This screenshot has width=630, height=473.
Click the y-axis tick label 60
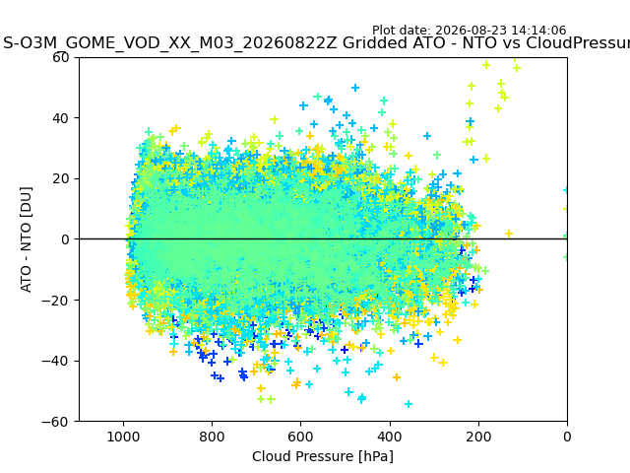tap(60, 57)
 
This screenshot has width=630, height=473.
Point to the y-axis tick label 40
tap(60, 118)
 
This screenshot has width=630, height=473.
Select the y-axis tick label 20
tap(60, 179)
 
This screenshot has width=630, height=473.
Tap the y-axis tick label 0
tap(65, 239)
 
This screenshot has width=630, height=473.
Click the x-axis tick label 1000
tap(123, 437)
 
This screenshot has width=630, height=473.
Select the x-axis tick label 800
tap(213, 437)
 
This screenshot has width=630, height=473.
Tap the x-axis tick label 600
tap(301, 437)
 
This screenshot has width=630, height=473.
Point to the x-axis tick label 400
tap(390, 437)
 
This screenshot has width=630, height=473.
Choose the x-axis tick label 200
tap(478, 437)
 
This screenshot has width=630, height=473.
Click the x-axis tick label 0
tap(567, 437)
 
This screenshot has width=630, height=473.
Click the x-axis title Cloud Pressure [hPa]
tap(323, 456)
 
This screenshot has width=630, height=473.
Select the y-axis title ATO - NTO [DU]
tap(26, 239)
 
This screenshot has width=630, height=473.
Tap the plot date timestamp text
tap(469, 31)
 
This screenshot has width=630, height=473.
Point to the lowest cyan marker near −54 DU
tap(409, 404)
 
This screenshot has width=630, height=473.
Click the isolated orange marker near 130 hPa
tap(509, 234)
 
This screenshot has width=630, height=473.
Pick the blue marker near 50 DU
tap(355, 88)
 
